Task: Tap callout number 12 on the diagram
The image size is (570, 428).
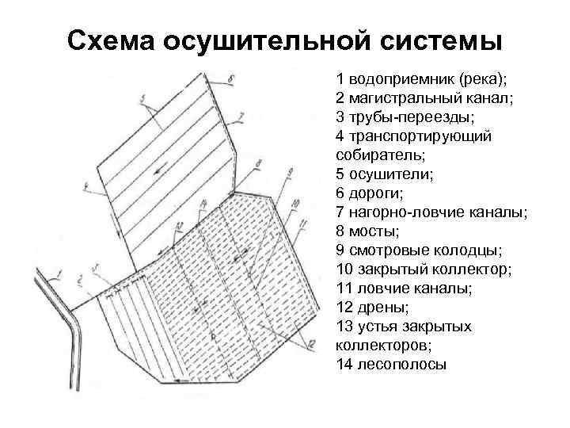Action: pos(312,342)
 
